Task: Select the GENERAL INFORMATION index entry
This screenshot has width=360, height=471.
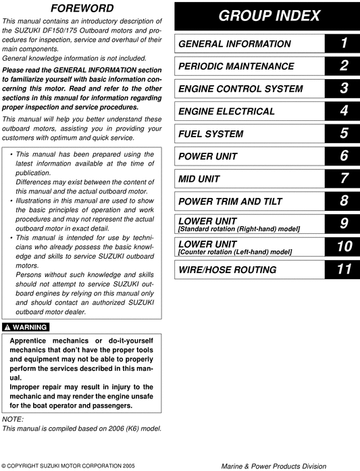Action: (225, 44)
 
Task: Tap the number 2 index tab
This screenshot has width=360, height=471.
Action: (344, 66)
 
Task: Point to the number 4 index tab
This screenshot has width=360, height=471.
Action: (344, 111)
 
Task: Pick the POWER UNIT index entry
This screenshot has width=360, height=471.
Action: (208, 157)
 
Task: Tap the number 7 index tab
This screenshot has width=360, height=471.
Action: (344, 179)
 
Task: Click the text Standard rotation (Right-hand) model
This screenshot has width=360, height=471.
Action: (238, 230)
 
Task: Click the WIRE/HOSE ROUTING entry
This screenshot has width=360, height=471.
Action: (217, 270)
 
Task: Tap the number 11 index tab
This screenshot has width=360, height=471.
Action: (344, 270)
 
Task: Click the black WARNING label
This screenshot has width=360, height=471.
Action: (25, 327)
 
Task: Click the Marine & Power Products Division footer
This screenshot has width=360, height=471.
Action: (274, 466)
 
